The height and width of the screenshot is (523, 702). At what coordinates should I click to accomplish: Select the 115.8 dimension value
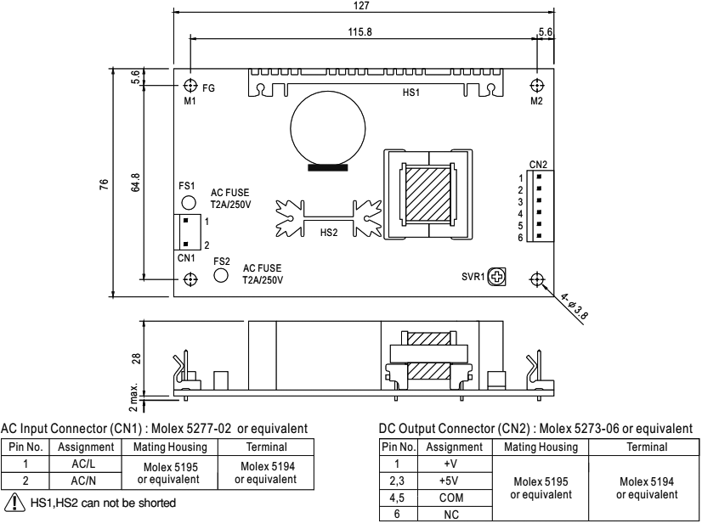[361, 32]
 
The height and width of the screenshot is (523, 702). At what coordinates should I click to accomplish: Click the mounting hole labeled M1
[191, 86]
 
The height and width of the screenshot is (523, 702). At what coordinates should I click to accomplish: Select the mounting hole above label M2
[536, 86]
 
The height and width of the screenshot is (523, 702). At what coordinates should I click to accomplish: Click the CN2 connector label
[538, 164]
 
